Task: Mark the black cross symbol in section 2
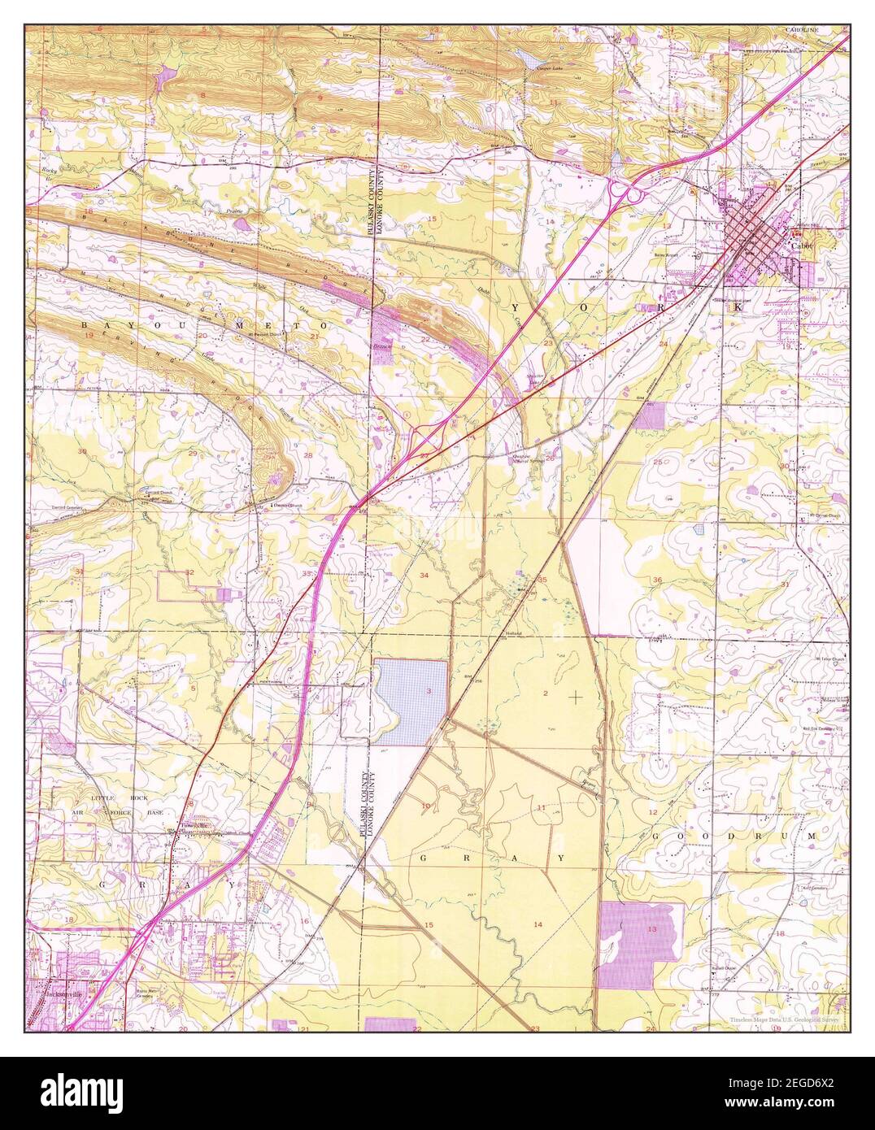point(576,697)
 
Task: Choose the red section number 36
point(656,579)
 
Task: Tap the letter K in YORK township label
point(738,308)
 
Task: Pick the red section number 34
point(424,575)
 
